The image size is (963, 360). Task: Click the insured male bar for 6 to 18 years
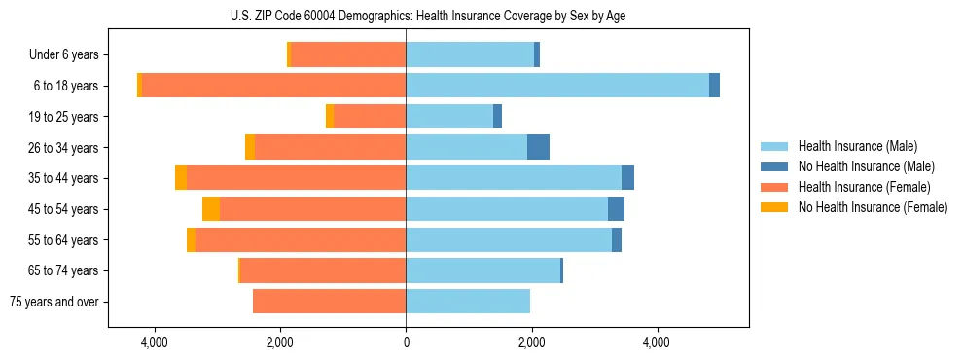(x=557, y=86)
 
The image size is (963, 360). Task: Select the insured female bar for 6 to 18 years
(x=273, y=86)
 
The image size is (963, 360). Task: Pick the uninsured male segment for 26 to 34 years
(x=538, y=147)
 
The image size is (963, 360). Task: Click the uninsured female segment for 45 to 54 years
(x=211, y=209)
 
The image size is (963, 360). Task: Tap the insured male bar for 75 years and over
(x=468, y=302)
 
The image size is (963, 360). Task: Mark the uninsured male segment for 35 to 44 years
(x=627, y=178)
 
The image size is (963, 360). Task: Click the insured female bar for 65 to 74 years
(x=323, y=270)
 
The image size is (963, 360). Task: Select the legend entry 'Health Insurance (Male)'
(x=857, y=146)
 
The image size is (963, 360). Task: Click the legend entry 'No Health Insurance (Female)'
(x=873, y=207)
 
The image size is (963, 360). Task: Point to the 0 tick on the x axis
(x=406, y=342)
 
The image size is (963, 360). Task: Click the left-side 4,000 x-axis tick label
(x=155, y=342)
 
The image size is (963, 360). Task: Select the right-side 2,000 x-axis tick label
(x=531, y=342)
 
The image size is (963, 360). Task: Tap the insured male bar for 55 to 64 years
(x=509, y=239)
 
